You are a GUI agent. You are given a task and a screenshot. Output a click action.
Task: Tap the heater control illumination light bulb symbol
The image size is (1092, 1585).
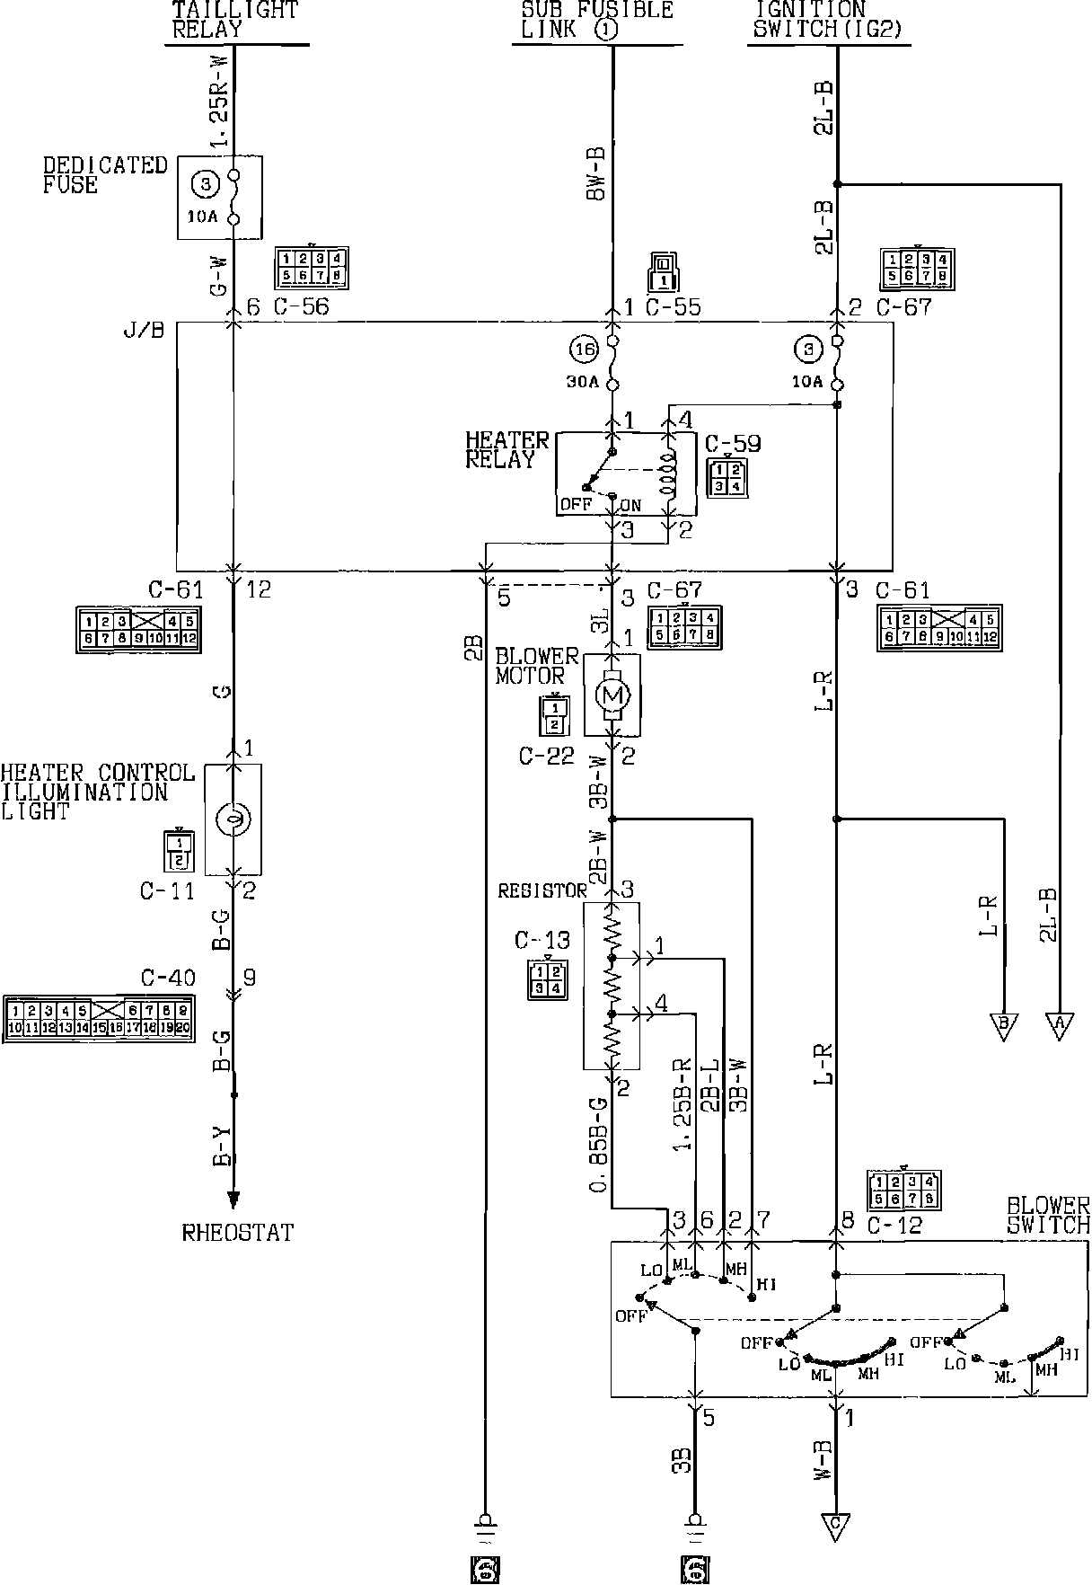point(233,819)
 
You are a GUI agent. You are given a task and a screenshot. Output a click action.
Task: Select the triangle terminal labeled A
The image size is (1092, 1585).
point(1059,1024)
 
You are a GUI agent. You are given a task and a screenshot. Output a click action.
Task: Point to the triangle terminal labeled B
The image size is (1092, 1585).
point(1003,1024)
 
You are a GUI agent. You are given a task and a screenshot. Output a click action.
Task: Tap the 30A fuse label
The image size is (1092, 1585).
point(582,382)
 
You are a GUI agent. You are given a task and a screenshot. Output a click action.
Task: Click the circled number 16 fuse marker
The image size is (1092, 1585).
point(582,349)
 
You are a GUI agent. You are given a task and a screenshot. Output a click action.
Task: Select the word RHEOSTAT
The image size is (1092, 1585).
point(237,1233)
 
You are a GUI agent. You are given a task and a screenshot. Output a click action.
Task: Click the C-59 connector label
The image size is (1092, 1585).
point(733,444)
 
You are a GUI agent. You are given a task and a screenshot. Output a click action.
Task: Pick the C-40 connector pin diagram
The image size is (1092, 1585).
point(99,1018)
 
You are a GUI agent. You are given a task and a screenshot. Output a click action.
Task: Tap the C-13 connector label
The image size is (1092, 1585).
point(542,941)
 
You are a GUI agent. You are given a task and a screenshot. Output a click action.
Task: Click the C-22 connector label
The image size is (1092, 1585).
point(546,757)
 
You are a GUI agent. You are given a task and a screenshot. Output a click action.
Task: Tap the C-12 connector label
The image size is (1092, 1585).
point(895,1225)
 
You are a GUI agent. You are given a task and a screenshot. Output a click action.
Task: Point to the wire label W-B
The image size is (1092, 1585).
point(823,1460)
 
